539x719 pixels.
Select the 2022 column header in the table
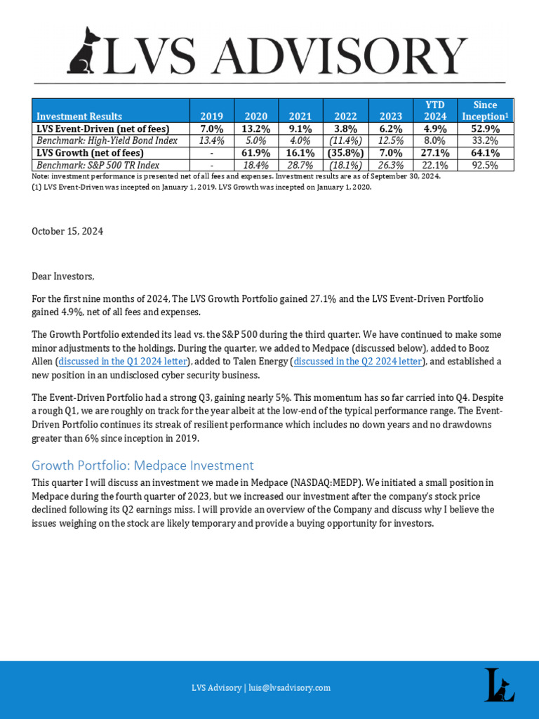point(345,116)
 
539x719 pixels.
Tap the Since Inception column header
point(484,110)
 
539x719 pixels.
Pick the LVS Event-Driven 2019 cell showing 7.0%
point(211,128)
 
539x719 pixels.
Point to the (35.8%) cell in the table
point(345,152)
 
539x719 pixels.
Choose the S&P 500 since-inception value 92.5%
point(486,164)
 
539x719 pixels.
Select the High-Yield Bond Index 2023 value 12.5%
point(390,140)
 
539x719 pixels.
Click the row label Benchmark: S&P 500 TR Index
point(98,164)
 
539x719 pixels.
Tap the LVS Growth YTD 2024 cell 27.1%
point(435,152)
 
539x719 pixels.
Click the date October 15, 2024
point(67,232)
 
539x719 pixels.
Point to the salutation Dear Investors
point(62,276)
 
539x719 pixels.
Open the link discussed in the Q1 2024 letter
point(122,361)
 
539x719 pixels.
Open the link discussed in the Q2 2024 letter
point(357,361)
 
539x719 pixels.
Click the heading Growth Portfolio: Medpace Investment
point(142,465)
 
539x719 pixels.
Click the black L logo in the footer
point(499,685)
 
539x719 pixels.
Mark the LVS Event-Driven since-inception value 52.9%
point(486,128)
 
